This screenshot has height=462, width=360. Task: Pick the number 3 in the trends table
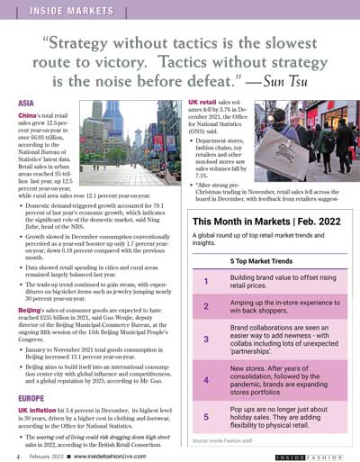pos(206,339)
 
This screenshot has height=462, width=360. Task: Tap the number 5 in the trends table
pos(206,417)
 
